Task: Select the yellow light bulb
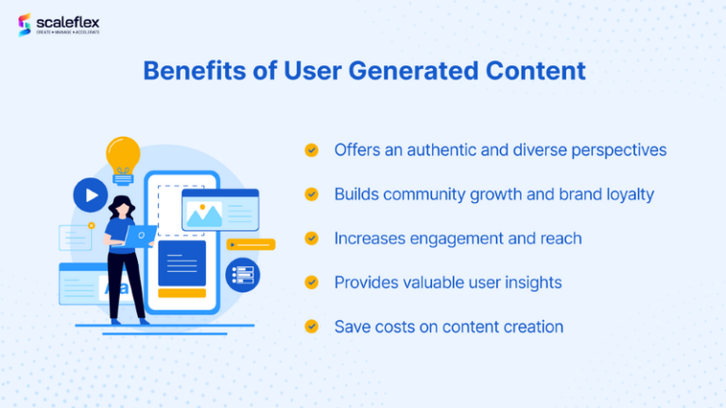click(123, 155)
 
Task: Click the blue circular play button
click(91, 195)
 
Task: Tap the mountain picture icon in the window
click(204, 215)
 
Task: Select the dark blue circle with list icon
click(243, 275)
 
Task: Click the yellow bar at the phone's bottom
click(181, 293)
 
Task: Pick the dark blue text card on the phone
click(181, 263)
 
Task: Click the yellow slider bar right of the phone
click(251, 245)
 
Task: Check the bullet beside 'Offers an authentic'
click(311, 150)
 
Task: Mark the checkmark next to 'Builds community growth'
click(311, 194)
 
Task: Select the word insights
click(529, 282)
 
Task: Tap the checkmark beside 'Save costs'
click(311, 327)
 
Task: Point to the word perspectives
click(616, 150)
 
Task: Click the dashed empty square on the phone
click(168, 206)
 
